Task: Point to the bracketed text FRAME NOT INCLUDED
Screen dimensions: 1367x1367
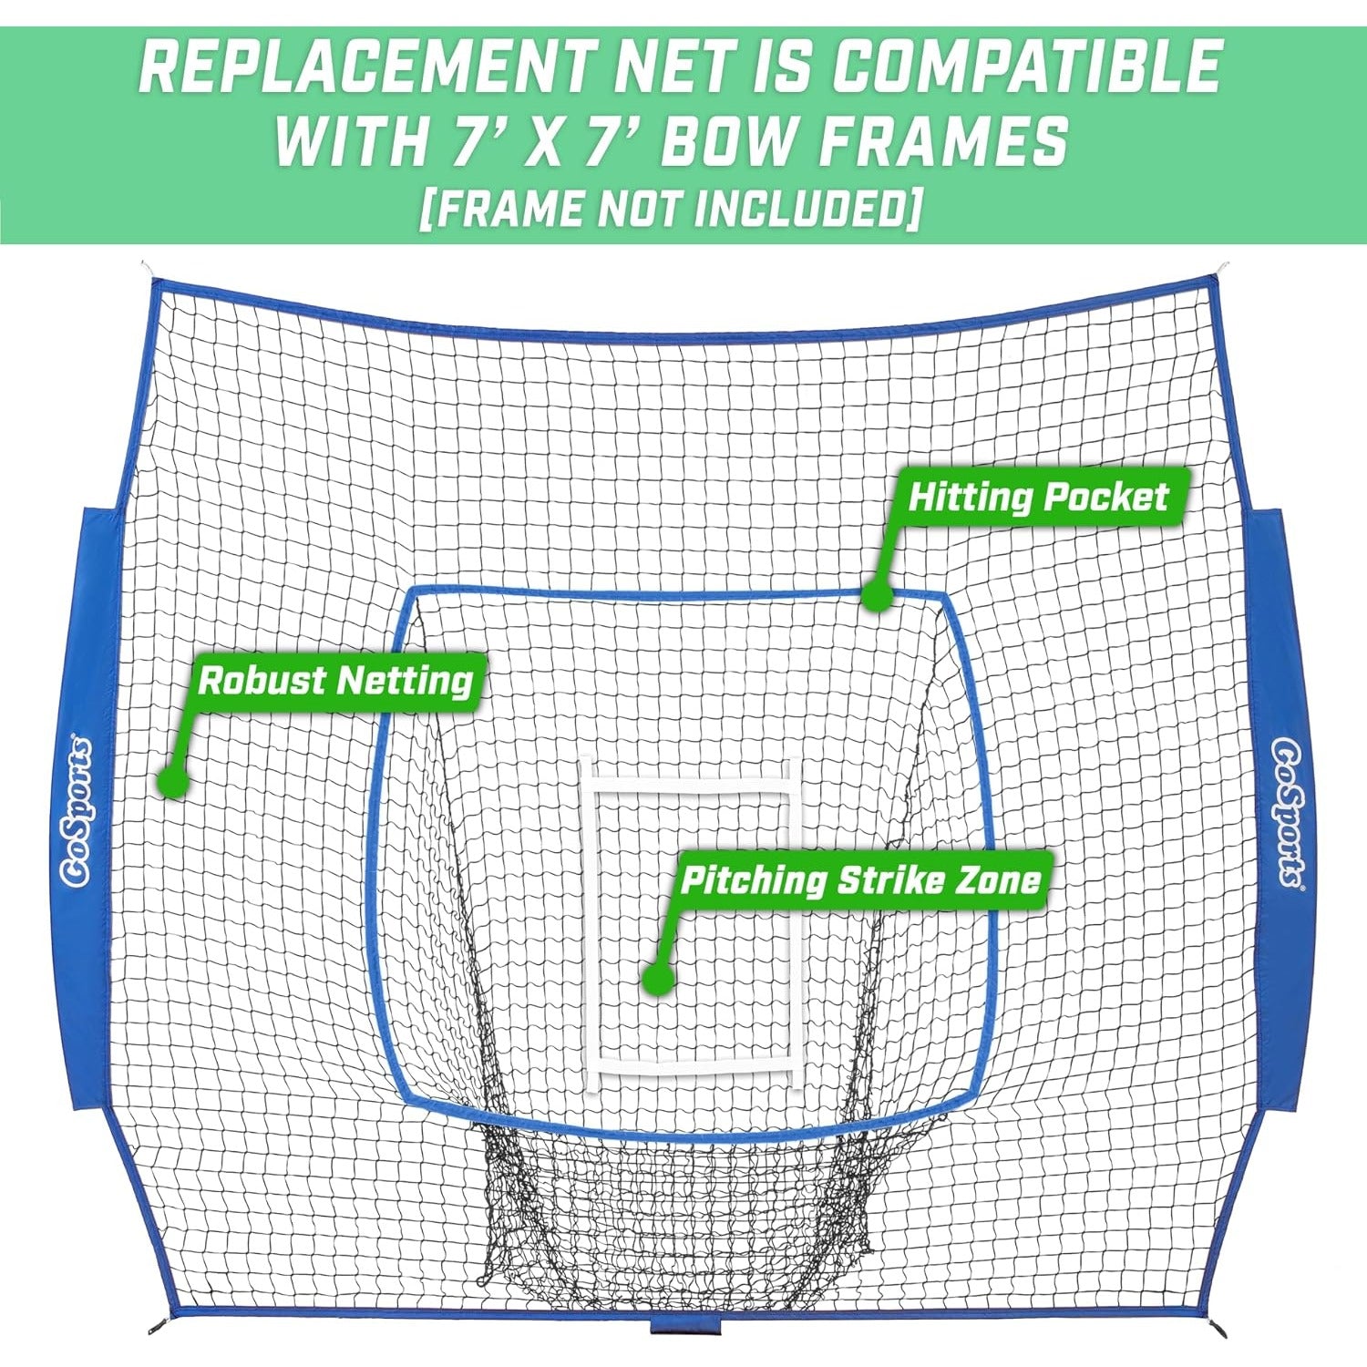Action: pos(670,209)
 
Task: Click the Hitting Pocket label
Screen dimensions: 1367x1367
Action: pos(1038,498)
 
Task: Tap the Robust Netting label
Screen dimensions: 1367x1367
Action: pos(336,681)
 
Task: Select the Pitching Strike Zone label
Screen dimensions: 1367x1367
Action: pos(860,880)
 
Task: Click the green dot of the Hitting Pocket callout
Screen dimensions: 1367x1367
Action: pos(877,595)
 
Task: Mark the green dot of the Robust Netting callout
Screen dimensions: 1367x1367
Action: pos(172,781)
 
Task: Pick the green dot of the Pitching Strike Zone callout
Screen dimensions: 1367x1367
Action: pos(657,978)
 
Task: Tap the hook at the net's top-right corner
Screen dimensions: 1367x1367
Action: pos(1223,271)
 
